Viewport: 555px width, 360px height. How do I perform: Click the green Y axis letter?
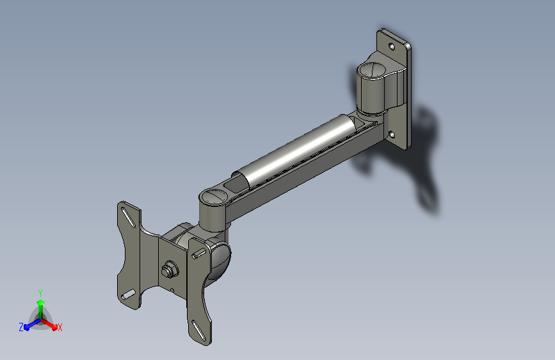(40, 293)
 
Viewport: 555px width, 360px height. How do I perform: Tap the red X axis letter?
(60, 328)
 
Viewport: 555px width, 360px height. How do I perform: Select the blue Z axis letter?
(21, 327)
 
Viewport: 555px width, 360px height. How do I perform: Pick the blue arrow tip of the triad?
(26, 328)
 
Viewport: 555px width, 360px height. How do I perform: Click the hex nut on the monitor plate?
(170, 270)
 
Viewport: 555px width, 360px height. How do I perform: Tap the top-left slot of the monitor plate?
(128, 217)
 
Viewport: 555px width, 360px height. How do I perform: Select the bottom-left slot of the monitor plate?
(128, 295)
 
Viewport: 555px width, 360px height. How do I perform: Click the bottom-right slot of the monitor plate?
(199, 331)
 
